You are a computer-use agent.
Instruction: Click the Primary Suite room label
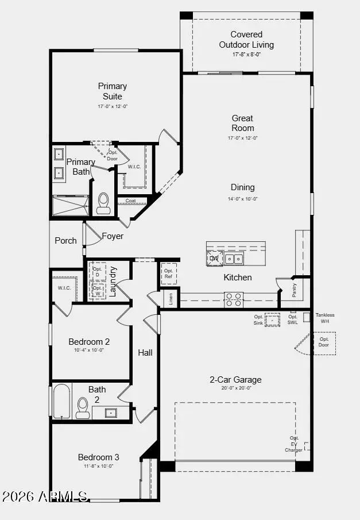[x=112, y=91]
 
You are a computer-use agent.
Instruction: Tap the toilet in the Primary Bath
[x=103, y=203]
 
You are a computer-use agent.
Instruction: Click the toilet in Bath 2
[x=83, y=407]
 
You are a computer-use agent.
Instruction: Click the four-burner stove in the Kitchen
[x=233, y=299]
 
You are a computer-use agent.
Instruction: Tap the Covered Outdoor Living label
[x=246, y=40]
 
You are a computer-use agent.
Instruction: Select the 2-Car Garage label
[x=235, y=380]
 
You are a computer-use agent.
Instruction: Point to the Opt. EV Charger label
[x=294, y=444]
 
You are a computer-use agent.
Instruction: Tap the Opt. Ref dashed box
[x=168, y=274]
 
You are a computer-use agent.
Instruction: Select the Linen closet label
[x=171, y=299]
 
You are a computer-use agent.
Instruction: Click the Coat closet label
[x=131, y=201]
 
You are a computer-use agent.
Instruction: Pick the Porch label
[x=65, y=241]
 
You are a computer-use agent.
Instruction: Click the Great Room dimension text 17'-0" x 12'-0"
[x=243, y=138]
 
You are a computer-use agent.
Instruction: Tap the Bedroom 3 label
[x=99, y=457]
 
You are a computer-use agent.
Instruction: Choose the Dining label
[x=243, y=187]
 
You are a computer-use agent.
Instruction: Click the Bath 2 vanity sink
[x=112, y=413]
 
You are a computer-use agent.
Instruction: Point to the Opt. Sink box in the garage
[x=272, y=320]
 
